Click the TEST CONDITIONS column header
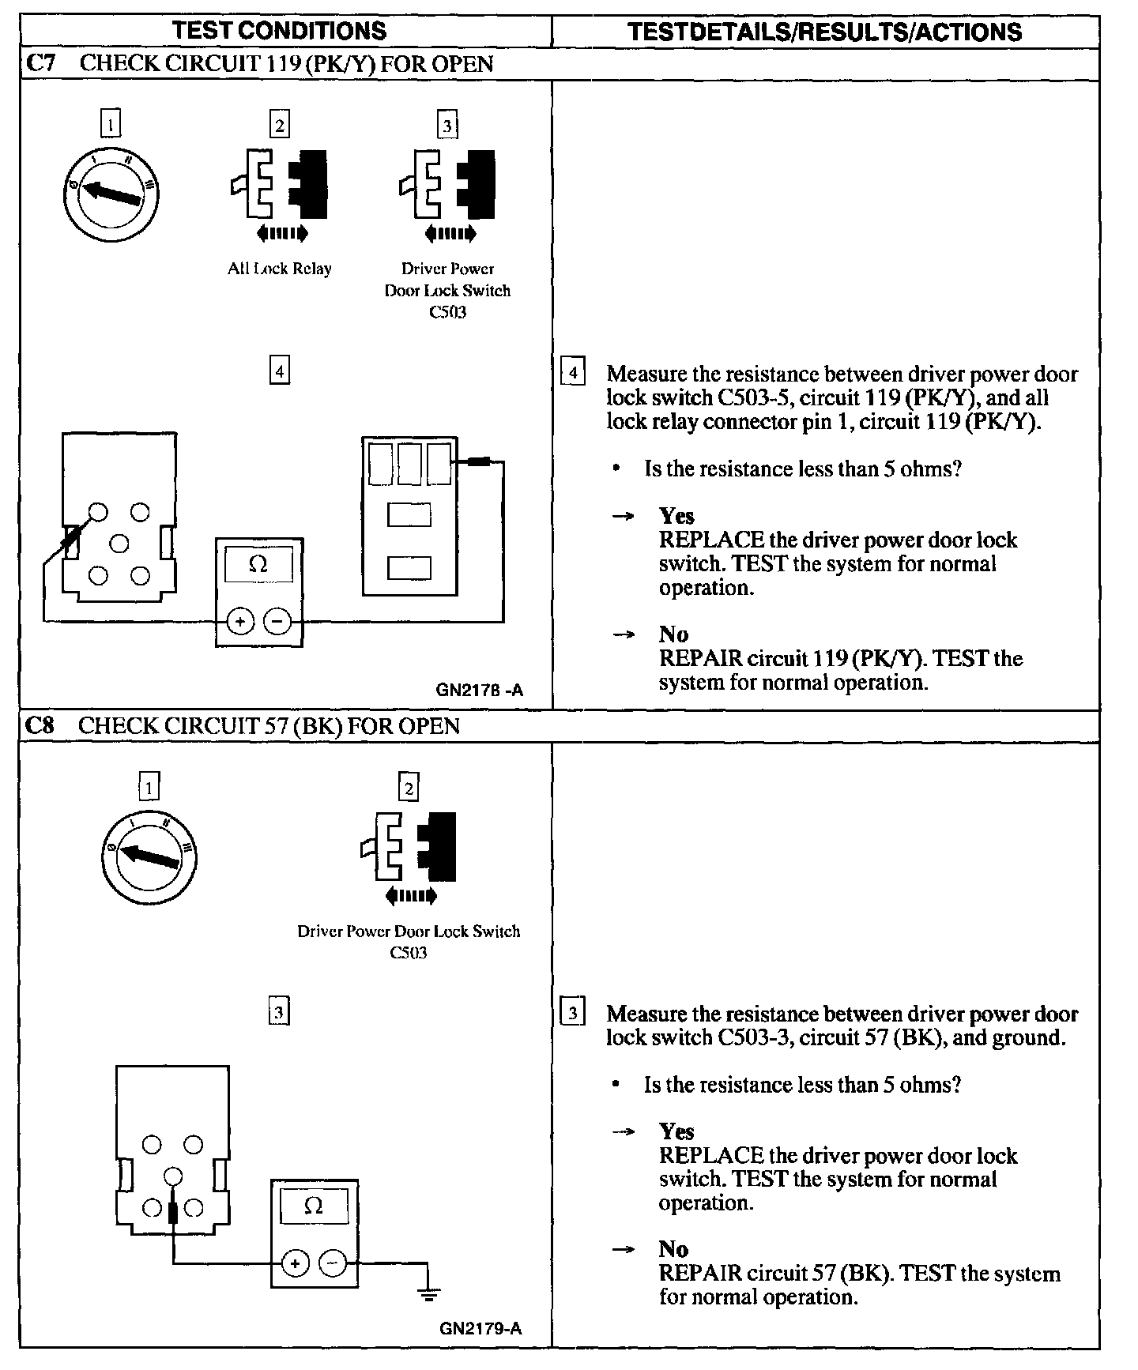(x=280, y=31)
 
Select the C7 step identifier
(x=40, y=63)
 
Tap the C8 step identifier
(x=40, y=725)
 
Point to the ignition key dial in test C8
(x=149, y=854)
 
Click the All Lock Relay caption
(x=280, y=269)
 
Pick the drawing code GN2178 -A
(x=479, y=690)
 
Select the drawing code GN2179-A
(x=480, y=1328)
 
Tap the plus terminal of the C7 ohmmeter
(x=240, y=622)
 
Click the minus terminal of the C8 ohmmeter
(x=332, y=1263)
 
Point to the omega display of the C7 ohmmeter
(x=258, y=564)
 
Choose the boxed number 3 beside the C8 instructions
(x=572, y=1012)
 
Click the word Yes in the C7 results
(x=676, y=516)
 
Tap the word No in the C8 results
(x=673, y=1248)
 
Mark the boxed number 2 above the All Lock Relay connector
(x=279, y=125)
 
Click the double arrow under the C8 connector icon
(x=410, y=896)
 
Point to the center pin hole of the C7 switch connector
(x=119, y=544)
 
